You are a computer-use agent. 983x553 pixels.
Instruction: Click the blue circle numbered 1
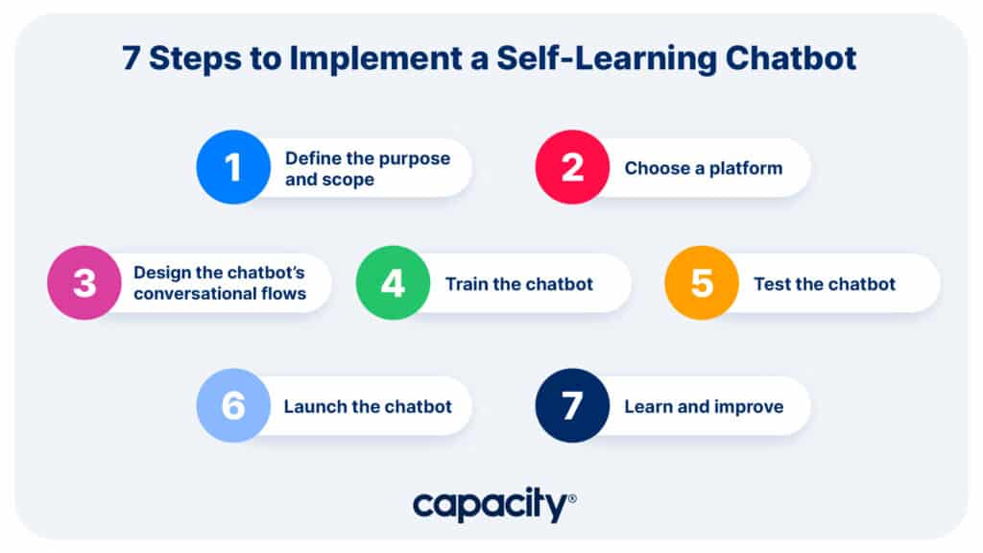(233, 167)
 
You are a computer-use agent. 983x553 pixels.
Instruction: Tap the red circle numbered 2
(572, 167)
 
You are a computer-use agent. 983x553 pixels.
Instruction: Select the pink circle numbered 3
(84, 283)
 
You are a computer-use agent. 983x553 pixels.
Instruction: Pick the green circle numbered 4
(393, 283)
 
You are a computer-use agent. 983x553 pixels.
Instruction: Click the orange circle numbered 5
(702, 283)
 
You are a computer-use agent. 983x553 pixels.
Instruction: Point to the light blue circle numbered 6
(233, 406)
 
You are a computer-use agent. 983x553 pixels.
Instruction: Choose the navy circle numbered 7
(572, 406)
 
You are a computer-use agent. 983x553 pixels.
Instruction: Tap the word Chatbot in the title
(791, 59)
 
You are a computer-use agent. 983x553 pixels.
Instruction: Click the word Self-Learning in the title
(607, 60)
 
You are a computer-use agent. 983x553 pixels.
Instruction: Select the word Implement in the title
(375, 60)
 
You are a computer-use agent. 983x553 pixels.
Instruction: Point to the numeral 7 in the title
(131, 59)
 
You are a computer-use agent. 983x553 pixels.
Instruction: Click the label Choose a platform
(704, 168)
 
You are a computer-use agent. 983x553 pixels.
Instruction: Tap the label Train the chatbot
(519, 284)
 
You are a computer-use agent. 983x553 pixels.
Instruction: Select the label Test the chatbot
(825, 284)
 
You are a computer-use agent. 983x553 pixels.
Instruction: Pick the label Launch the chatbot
(368, 406)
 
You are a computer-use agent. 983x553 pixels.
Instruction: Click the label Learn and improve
(704, 407)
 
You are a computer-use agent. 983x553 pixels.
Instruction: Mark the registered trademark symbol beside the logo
(572, 498)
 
